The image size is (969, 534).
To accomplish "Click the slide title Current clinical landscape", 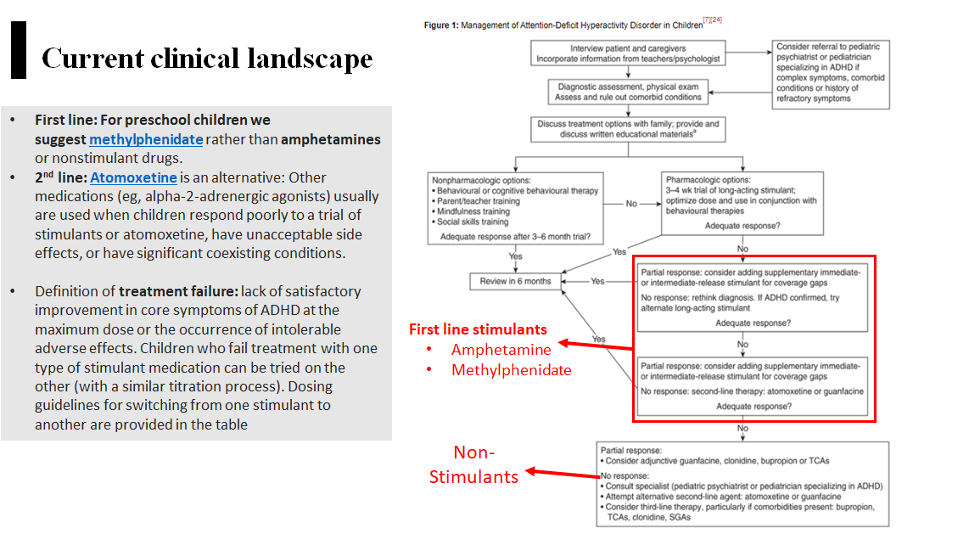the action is (x=207, y=59).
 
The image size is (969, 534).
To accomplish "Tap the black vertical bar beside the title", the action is (x=19, y=50).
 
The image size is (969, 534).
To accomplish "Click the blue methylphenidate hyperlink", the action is (x=146, y=140).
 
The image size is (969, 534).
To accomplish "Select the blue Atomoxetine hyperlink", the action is (x=133, y=178).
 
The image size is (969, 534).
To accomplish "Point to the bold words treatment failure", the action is (x=178, y=291).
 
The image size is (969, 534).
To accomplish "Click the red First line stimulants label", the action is (x=478, y=329).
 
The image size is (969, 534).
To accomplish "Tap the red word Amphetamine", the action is (x=501, y=350).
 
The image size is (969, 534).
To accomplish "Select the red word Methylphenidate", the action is (x=511, y=370).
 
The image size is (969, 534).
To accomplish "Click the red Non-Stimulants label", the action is (x=474, y=464).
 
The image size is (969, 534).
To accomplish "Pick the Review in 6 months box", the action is (x=515, y=281).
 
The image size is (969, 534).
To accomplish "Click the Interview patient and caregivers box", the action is (x=628, y=53).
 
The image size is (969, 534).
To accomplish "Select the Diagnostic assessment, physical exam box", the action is (x=628, y=92).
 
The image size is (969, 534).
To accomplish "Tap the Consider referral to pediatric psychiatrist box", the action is (x=831, y=75).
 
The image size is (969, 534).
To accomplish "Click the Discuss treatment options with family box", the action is (x=628, y=129).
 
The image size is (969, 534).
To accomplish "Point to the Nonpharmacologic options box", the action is (x=515, y=208).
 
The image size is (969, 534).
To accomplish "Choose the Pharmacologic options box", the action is (x=742, y=204).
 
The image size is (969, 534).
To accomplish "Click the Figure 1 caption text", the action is (x=563, y=25).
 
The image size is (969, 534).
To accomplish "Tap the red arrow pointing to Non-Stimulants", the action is (x=563, y=474).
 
